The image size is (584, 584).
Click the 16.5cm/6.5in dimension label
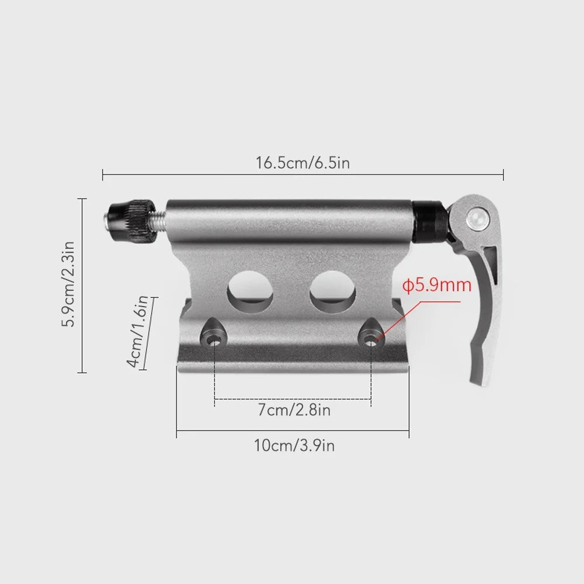303,163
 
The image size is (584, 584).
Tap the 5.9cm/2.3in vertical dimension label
68,284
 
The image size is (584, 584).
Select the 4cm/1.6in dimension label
138,332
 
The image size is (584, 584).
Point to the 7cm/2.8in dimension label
294,410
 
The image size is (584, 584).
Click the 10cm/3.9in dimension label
294,446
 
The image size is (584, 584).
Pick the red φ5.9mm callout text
437,286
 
